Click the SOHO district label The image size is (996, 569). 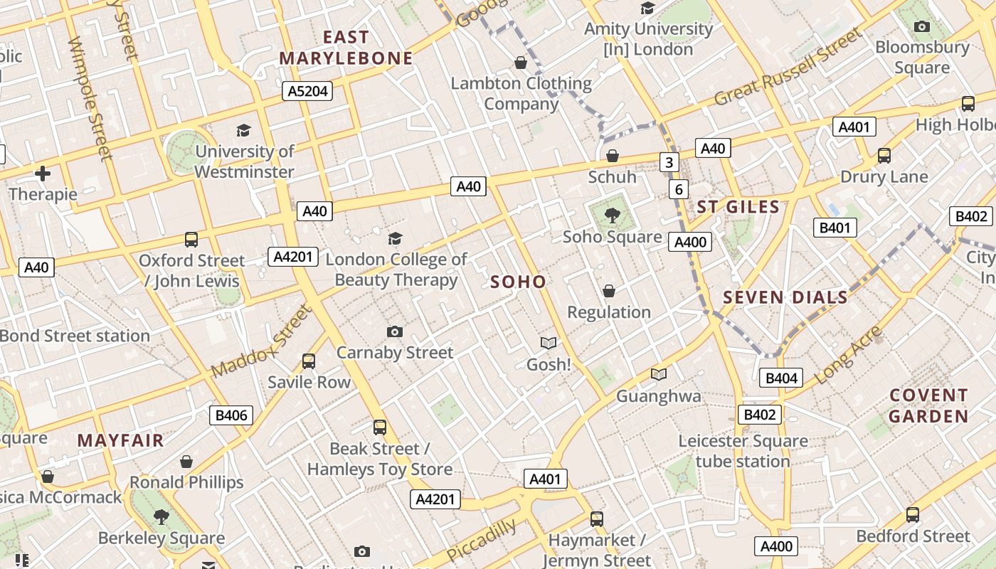pos(518,282)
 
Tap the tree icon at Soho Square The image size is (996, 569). pos(611,215)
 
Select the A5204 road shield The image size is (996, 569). pos(307,90)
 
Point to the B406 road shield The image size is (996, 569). pos(231,415)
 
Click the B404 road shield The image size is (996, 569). pos(781,378)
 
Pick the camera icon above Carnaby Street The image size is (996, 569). pos(395,332)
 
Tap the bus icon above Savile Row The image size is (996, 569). pos(309,361)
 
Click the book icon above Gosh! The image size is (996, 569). pos(548,344)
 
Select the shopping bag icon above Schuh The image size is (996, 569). pos(612,156)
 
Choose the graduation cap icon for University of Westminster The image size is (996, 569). pos(243,130)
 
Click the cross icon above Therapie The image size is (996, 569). pos(43,173)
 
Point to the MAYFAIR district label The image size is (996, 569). pos(120,440)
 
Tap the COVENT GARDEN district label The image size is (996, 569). pos(928,405)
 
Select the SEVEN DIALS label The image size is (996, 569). pos(785,297)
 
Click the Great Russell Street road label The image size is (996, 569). pos(788,68)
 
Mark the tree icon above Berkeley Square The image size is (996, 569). pos(161,516)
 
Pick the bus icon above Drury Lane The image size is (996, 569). pos(884,156)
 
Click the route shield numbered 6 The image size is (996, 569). pos(679,189)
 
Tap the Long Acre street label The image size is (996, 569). pos(848,356)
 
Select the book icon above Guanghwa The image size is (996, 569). pos(659,375)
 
